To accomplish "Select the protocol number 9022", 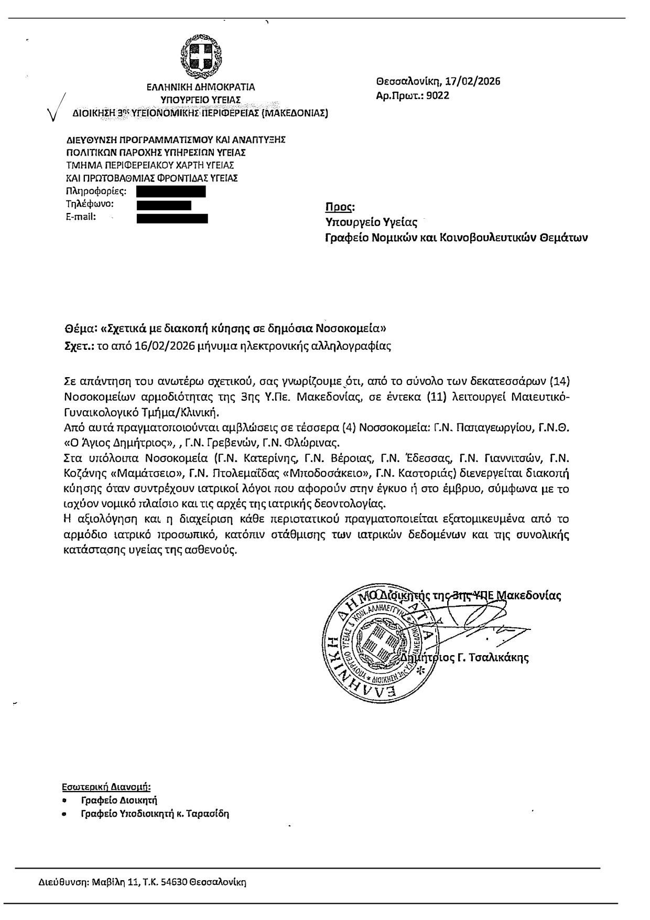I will click(438, 95).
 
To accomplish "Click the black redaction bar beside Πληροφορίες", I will click(170, 191).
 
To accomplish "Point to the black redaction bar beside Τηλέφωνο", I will click(164, 205).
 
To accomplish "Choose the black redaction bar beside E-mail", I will click(172, 218).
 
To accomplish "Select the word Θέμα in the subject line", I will click(79, 329).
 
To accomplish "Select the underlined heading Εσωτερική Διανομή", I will click(106, 787).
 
